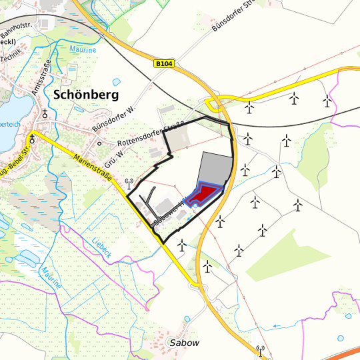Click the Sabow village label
(x=185, y=343)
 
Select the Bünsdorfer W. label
(x=113, y=118)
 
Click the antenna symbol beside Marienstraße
(x=129, y=182)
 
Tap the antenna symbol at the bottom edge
(x=259, y=349)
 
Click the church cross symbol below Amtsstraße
(x=45, y=113)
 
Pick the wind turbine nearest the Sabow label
(x=209, y=266)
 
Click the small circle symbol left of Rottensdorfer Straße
(x=99, y=143)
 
